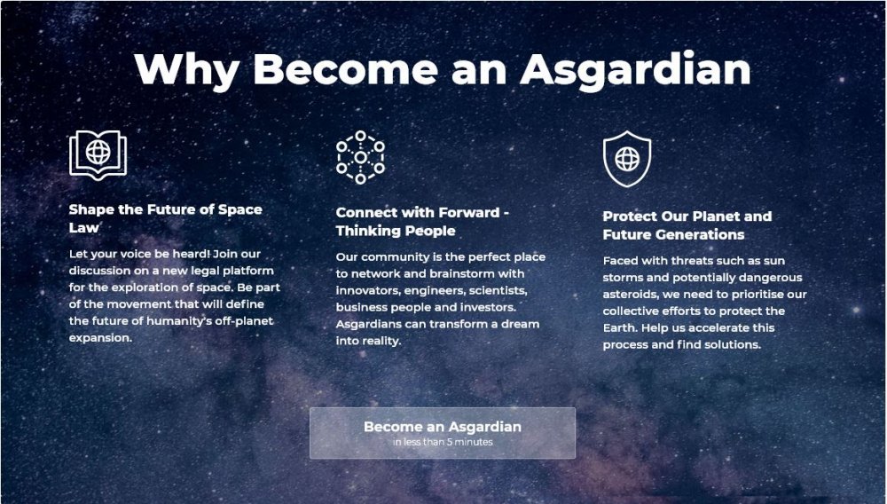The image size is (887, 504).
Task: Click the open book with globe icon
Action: click(x=98, y=154)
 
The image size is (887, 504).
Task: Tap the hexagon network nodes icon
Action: click(x=360, y=157)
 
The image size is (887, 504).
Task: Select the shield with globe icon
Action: click(x=627, y=159)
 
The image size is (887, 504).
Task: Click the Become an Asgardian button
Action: click(x=443, y=433)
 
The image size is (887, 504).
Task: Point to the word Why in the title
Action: click(x=186, y=70)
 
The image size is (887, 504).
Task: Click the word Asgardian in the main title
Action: click(x=635, y=70)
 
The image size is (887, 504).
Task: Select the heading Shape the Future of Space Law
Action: click(x=165, y=218)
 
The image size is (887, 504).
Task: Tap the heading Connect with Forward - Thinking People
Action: click(x=422, y=221)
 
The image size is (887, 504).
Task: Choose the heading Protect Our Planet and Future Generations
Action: click(x=687, y=225)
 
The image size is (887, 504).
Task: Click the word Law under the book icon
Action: click(x=83, y=227)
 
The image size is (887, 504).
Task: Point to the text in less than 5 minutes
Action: click(x=443, y=442)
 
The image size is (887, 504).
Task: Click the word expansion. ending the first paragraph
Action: click(x=100, y=338)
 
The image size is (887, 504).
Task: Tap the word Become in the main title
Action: click(x=345, y=70)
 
